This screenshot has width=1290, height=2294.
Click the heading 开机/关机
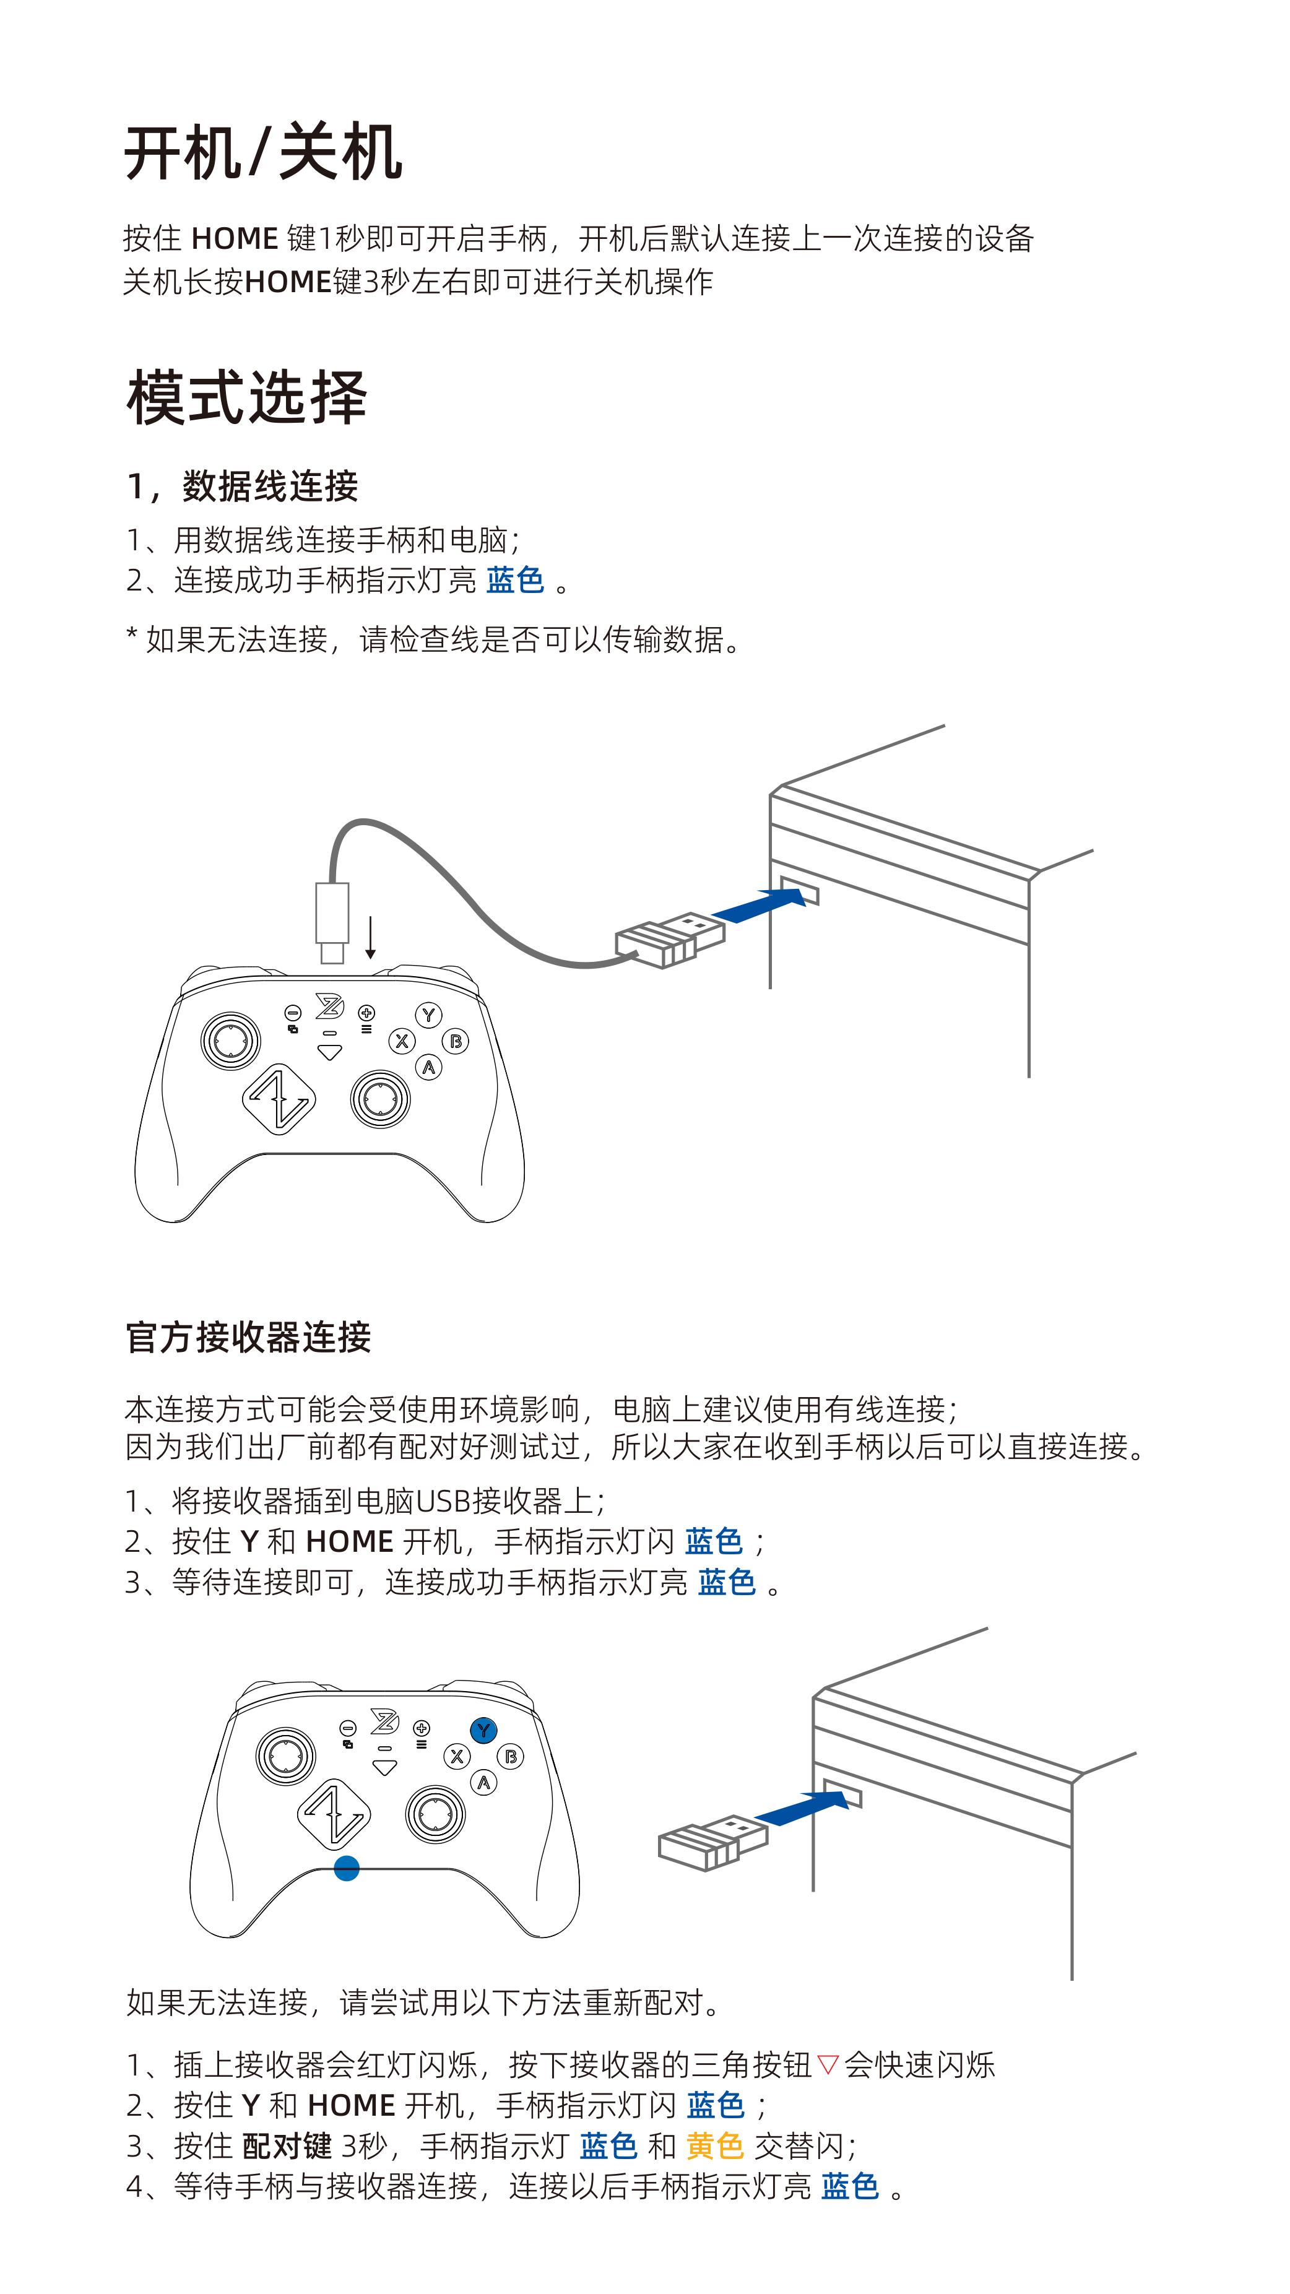point(264,152)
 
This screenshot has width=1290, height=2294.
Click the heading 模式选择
point(246,397)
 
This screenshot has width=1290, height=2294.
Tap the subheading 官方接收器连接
point(248,1336)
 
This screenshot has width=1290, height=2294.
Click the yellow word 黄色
point(714,2145)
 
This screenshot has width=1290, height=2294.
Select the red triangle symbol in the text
point(828,2064)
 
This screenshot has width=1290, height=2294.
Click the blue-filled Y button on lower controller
point(483,1730)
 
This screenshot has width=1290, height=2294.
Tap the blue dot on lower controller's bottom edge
point(346,1868)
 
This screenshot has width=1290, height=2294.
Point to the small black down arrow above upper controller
point(370,938)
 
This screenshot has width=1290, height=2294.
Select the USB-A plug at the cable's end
point(670,938)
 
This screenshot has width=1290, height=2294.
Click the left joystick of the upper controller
point(231,1039)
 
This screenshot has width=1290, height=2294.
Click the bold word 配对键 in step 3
point(287,2145)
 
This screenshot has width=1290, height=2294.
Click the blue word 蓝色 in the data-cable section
point(516,580)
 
